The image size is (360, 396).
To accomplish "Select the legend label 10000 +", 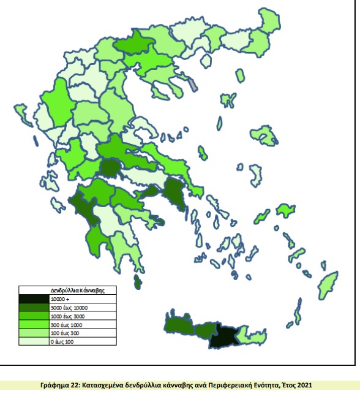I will pyautogui.click(x=57, y=299).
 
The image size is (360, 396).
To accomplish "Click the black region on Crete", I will pyautogui.click(x=223, y=335).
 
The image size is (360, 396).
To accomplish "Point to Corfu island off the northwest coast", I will pyautogui.click(x=23, y=113).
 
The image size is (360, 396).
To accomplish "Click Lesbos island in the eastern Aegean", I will pyautogui.click(x=264, y=135).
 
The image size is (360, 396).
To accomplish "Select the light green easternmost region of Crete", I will pyautogui.click(x=253, y=333).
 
